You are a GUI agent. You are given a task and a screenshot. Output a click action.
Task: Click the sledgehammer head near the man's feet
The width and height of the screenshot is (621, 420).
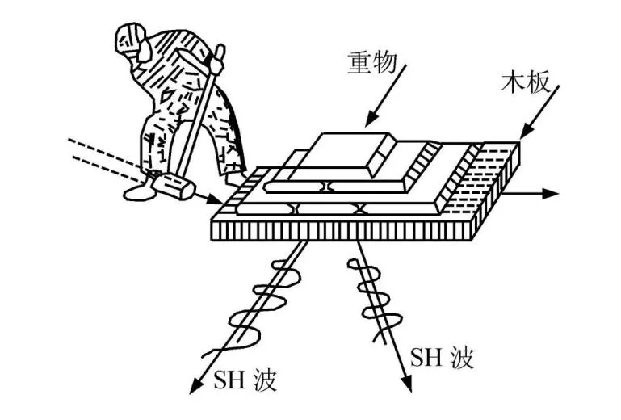pos(173,187)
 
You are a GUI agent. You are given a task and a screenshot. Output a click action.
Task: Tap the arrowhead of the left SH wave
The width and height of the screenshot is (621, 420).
pos(194,388)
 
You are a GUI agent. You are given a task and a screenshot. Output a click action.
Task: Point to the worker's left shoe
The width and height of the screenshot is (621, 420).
pos(137,191)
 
